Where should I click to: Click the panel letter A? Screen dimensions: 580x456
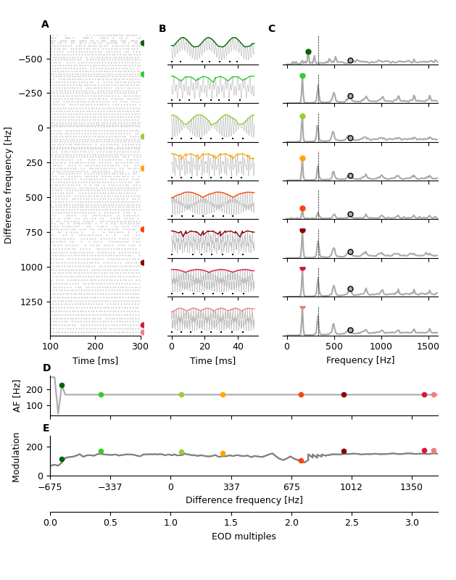coord(45,25)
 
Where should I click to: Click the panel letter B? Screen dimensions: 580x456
coord(162,29)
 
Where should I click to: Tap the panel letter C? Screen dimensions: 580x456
coord(271,29)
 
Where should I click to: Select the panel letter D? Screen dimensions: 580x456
coord(46,368)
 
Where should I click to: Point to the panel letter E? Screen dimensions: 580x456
coord(46,428)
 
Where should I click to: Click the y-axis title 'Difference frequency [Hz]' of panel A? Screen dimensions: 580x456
coord(9,185)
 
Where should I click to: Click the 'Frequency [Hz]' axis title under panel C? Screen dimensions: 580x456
coord(360,360)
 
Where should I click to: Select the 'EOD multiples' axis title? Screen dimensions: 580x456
coord(244,536)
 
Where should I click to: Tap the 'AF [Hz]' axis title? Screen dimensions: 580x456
coord(17,396)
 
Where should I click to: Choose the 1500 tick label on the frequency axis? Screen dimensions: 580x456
coord(428,347)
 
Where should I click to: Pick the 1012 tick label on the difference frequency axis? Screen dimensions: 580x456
coord(352,487)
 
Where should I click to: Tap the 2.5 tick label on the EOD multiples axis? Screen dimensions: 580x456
coord(352,522)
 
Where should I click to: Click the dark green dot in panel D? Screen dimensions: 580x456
coord(62,386)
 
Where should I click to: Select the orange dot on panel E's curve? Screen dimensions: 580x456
coord(223,454)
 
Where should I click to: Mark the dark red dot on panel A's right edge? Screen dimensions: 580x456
coord(143,262)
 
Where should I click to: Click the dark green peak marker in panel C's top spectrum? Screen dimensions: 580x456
coord(308,51)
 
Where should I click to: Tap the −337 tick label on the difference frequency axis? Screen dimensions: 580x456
coord(109,487)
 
